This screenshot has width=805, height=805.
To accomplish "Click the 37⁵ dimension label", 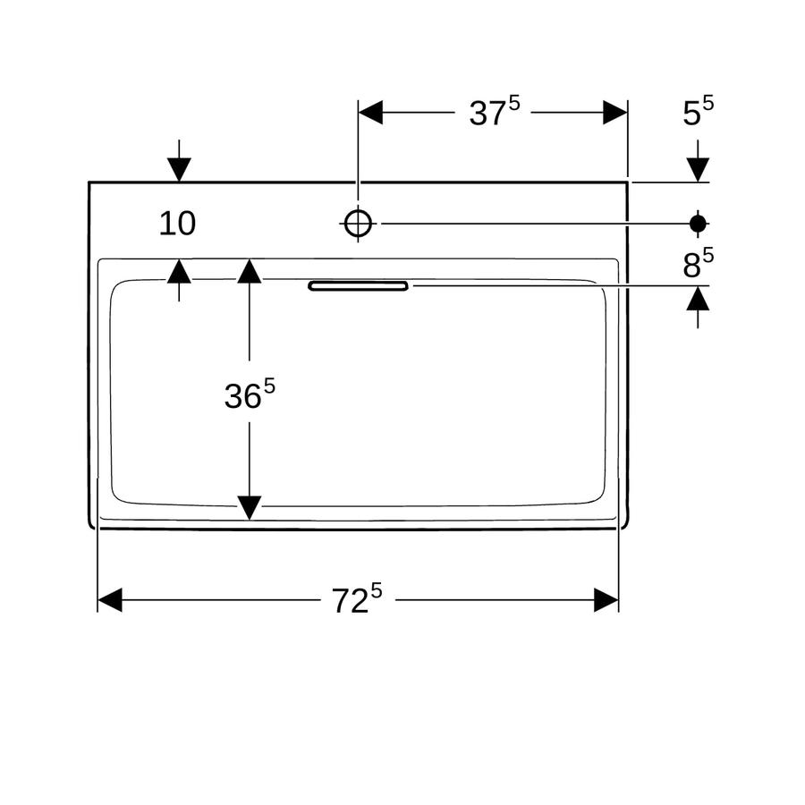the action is click(495, 112).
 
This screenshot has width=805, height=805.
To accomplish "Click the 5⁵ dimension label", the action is click(699, 112).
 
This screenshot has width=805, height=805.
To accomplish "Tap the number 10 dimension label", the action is click(177, 224).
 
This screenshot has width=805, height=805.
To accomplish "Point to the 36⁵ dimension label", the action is click(250, 394).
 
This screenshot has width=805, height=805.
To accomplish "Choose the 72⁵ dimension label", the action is click(357, 598).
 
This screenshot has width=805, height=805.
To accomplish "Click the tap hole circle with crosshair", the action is click(358, 224).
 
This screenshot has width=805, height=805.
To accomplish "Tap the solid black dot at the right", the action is click(698, 224).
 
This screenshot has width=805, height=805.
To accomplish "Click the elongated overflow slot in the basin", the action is click(359, 285).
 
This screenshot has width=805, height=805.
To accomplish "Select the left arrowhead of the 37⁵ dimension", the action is click(370, 112).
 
